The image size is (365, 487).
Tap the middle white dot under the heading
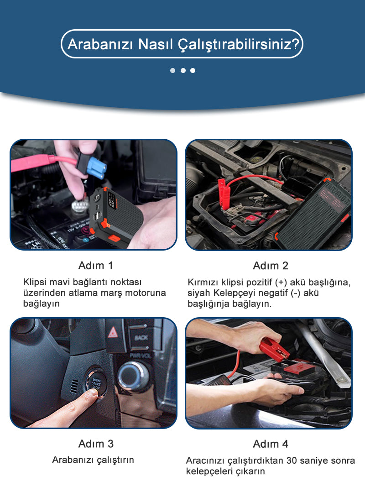(183, 70)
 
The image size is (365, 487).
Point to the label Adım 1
(96, 266)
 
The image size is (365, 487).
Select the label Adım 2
(271, 266)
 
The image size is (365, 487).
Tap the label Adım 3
(96, 444)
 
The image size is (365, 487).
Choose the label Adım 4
(271, 444)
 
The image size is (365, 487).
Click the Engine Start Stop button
(96, 383)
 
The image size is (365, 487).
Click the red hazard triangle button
(113, 332)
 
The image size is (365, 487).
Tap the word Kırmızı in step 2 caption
(203, 282)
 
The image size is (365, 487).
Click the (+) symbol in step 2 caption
(281, 283)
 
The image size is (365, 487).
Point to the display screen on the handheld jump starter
(111, 201)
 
